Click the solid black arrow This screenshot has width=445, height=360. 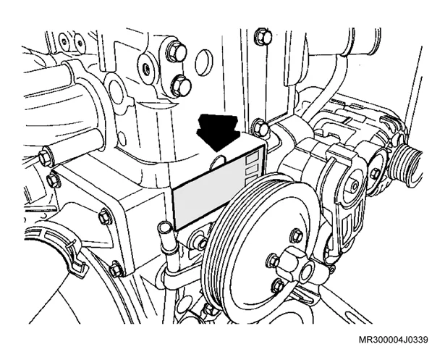coord(218,131)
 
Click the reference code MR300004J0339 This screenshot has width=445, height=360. coord(393,340)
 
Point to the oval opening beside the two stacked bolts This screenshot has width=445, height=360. coord(204,62)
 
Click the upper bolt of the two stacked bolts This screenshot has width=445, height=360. coord(177,52)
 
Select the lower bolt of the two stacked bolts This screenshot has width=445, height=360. coord(181,85)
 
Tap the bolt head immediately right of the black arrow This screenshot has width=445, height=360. coord(260,127)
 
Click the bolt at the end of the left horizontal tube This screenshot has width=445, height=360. coord(46,158)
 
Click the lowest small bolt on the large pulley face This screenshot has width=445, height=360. coord(278,285)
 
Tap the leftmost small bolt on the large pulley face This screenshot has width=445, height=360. coord(274,260)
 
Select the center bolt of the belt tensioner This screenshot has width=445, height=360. coord(354,186)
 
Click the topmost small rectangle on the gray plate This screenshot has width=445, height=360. coord(253,157)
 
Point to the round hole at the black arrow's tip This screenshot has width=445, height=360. coord(218,162)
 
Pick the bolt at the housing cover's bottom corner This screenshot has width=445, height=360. coord(116,269)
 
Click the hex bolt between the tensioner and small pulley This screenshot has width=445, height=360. coord(376,174)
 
